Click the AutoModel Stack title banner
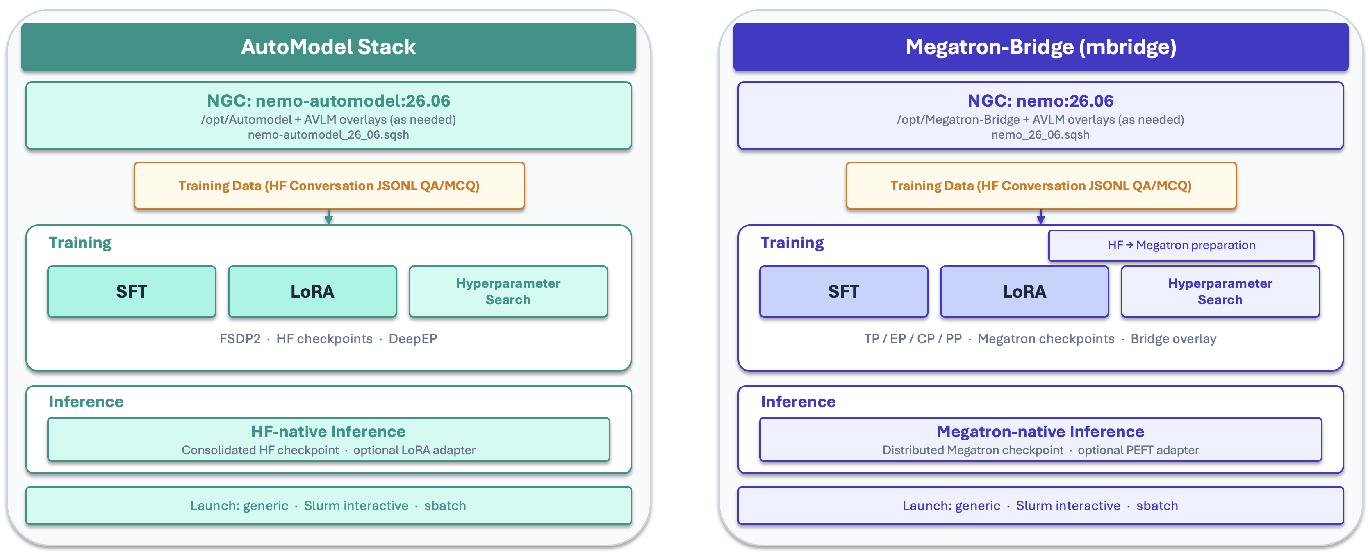[328, 47]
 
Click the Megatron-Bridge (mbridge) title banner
[1040, 47]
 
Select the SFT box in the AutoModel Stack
[132, 292]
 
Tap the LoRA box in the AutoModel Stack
[312, 292]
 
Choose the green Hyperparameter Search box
[508, 292]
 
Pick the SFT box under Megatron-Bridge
[844, 292]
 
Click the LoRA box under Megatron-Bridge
[1024, 292]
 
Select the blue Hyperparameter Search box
[1220, 292]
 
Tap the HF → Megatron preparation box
[1181, 245]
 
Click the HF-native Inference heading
[328, 431]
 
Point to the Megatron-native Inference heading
[1040, 431]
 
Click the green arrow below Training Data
[329, 216]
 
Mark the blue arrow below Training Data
[1041, 216]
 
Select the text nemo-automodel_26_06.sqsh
[328, 135]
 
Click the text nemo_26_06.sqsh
[1040, 135]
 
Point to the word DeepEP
[413, 339]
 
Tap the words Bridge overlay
[1173, 339]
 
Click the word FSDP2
[240, 339]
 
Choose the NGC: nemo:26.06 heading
[1040, 100]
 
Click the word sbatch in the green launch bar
[445, 506]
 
